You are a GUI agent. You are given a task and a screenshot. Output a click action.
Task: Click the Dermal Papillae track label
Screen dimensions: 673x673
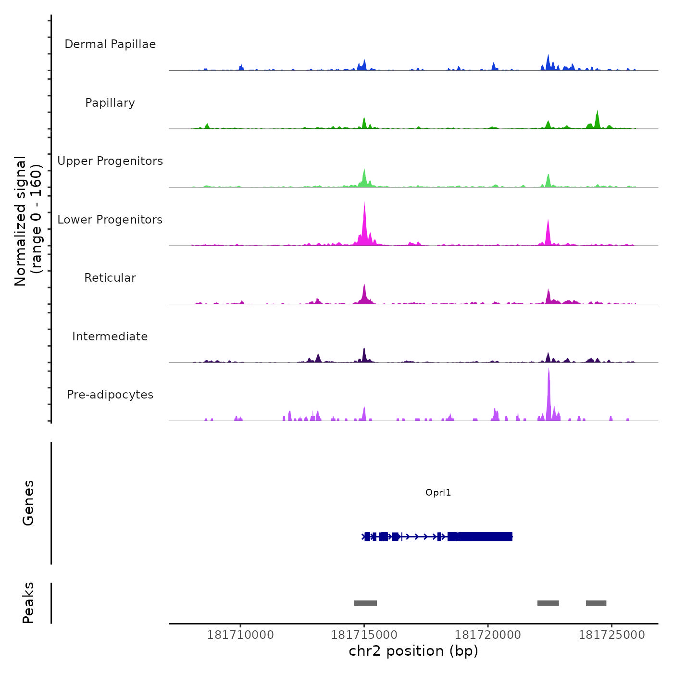[x=110, y=44]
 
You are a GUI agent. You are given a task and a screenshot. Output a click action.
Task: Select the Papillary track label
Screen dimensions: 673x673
[x=110, y=103]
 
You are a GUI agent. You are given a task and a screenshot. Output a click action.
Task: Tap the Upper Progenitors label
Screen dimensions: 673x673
[x=110, y=161]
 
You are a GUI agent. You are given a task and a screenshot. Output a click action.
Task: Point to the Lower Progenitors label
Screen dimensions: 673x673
[x=110, y=220]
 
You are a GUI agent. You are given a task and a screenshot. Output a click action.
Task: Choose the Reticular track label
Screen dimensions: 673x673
[x=110, y=278]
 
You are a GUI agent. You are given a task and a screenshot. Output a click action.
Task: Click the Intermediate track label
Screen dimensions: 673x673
[x=110, y=336]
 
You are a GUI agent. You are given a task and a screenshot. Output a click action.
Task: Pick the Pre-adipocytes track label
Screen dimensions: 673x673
[x=110, y=395]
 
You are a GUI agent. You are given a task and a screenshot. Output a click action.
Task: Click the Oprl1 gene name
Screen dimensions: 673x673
[x=438, y=493]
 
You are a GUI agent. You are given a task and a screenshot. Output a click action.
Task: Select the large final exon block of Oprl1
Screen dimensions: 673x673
[x=485, y=536]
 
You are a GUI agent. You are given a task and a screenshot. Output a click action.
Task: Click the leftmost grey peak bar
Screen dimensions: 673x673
[x=365, y=603]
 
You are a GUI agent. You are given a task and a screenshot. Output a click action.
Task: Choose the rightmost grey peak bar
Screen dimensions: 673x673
[x=596, y=603]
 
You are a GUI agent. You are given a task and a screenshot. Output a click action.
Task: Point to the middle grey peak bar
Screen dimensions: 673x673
[x=548, y=603]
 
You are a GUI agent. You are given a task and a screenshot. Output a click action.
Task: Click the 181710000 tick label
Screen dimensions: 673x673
[x=240, y=635]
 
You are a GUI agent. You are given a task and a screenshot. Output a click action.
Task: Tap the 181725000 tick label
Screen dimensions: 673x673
[x=611, y=635]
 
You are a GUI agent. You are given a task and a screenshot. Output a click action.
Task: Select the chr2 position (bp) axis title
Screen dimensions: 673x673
[x=413, y=651]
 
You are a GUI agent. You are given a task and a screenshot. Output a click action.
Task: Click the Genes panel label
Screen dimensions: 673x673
[x=28, y=503]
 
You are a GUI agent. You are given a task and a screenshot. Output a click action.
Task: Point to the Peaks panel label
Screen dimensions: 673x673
[x=28, y=603]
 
